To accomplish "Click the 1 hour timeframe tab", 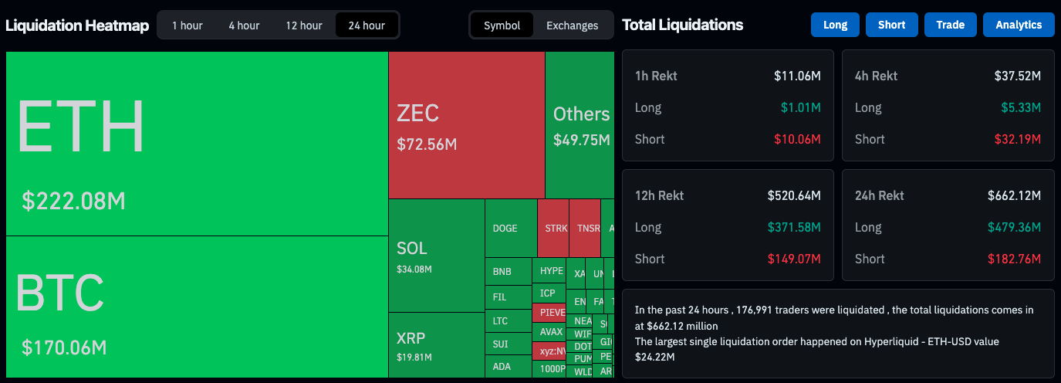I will tap(188, 25).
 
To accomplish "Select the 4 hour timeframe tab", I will tap(244, 25).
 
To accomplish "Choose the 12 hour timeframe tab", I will tap(304, 25).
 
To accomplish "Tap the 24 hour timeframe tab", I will tap(367, 25).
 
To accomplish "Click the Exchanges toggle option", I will tap(572, 25).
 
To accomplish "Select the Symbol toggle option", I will tap(502, 25).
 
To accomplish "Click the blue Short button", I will tap(891, 25).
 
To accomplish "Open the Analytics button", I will tap(1019, 25).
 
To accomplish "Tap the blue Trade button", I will tap(950, 25).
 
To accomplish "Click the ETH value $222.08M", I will tap(73, 202).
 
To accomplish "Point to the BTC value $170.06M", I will tap(64, 347).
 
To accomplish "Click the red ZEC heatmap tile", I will tap(466, 125).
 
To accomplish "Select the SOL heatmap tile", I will tap(436, 255).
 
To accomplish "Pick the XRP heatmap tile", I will tap(436, 344).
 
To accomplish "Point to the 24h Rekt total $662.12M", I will tap(1014, 195).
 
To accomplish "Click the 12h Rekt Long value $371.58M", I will tap(794, 227).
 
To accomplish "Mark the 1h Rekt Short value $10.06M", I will tap(797, 139).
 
